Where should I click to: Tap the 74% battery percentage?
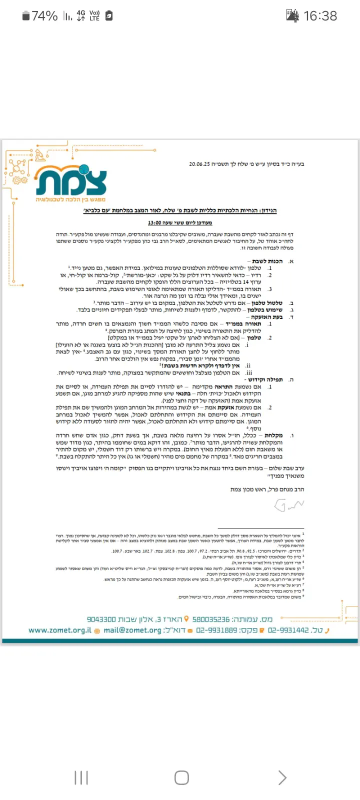(44, 16)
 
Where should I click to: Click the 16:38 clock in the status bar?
(320, 16)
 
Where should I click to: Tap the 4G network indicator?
(81, 15)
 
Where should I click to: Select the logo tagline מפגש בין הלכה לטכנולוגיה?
(71, 199)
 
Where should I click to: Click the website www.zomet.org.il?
(60, 630)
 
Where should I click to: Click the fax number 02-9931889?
(216, 630)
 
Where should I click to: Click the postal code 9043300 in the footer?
(101, 619)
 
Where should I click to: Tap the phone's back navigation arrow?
(282, 777)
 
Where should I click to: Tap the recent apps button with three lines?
(81, 777)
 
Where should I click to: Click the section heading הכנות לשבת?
(267, 261)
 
